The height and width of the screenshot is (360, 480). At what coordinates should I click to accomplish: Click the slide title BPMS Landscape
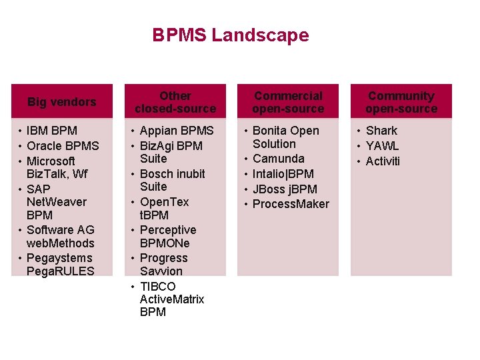pyautogui.click(x=231, y=35)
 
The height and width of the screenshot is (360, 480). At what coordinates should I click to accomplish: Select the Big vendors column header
pyautogui.click(x=61, y=102)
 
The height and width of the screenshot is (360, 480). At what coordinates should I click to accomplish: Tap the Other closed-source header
pyautogui.click(x=175, y=102)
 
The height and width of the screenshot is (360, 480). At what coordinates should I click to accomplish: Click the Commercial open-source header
pyautogui.click(x=288, y=102)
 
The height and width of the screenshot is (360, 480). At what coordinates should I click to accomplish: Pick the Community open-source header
pyautogui.click(x=401, y=102)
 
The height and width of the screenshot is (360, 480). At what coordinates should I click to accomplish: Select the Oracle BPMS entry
pyautogui.click(x=63, y=146)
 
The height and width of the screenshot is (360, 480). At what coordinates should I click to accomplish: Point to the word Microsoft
pyautogui.click(x=51, y=161)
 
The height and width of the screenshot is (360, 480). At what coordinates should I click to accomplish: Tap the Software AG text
pyautogui.click(x=61, y=230)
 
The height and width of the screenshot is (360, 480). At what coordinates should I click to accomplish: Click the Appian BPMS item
pyautogui.click(x=177, y=131)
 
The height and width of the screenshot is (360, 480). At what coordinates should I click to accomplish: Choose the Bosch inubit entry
pyautogui.click(x=172, y=174)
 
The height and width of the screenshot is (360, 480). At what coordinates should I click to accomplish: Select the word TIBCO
pyautogui.click(x=158, y=287)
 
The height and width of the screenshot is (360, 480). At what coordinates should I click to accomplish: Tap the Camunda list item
pyautogui.click(x=279, y=159)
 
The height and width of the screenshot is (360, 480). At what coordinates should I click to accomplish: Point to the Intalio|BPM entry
pyautogui.click(x=283, y=174)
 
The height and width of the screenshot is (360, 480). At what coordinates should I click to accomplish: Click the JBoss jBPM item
pyautogui.click(x=285, y=189)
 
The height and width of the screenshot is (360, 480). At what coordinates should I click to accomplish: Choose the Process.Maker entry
pyautogui.click(x=291, y=204)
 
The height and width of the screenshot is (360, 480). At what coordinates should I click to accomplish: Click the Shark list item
pyautogui.click(x=381, y=131)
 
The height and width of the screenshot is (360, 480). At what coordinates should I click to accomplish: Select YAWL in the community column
pyautogui.click(x=383, y=146)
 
